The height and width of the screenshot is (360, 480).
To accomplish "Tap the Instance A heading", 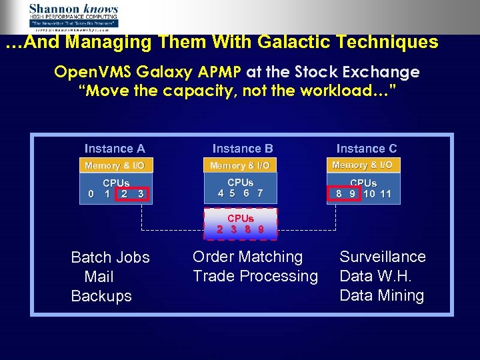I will click(115, 149).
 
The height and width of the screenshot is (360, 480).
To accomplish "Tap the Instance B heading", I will click(243, 149).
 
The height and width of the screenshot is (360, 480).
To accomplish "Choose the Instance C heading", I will click(366, 149).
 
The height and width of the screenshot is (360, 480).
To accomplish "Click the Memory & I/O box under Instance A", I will click(115, 165).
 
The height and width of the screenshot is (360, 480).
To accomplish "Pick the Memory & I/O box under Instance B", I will click(240, 165).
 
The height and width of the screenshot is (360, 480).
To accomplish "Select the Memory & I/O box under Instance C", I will click(362, 165).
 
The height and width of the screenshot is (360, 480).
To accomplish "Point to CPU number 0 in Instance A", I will click(91, 195).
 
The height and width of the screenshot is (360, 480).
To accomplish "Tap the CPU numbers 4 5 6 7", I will click(240, 193).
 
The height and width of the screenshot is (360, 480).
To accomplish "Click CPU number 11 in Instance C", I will click(385, 195).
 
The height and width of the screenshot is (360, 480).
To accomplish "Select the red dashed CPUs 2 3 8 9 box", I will click(240, 223).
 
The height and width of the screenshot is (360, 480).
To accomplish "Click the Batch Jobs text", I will click(110, 257).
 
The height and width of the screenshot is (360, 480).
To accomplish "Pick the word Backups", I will click(101, 296).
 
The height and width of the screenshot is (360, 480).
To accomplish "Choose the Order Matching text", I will click(247, 257).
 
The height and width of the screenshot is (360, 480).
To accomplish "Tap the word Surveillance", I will click(382, 257).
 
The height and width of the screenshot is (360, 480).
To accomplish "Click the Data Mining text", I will click(381, 295).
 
